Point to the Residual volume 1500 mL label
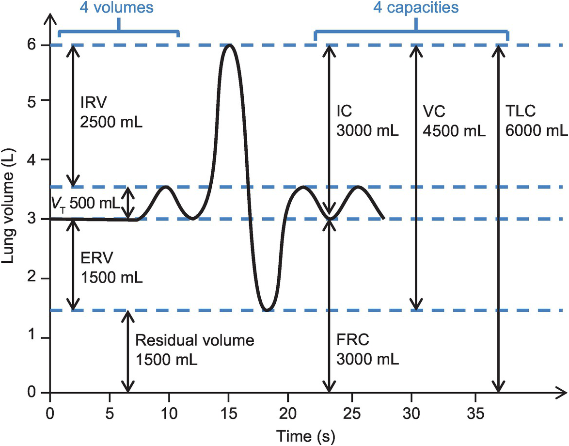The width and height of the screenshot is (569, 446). (195, 350)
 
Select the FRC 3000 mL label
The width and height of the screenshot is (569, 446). (367, 350)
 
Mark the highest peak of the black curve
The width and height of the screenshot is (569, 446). (230, 45)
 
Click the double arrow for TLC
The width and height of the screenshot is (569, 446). (498, 218)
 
